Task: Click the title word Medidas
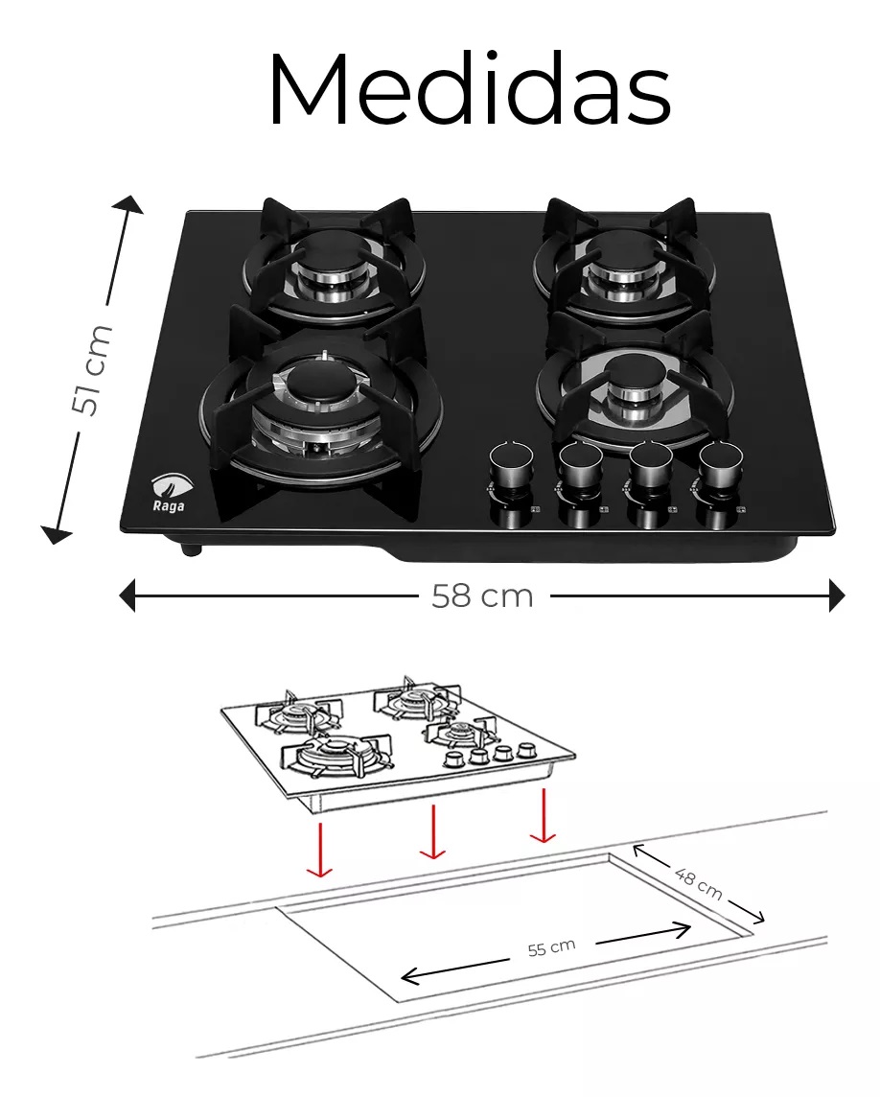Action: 470,88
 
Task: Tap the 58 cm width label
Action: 482,596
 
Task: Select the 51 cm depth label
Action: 92,369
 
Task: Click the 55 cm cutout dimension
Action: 551,948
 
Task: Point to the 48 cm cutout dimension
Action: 698,883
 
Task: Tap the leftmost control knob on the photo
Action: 511,463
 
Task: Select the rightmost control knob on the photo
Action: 721,463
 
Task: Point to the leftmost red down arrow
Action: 319,850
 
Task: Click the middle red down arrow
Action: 432,831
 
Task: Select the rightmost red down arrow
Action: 543,815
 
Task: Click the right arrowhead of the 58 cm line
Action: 837,596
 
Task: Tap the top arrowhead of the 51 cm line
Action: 127,205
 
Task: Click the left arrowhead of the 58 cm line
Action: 127,596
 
